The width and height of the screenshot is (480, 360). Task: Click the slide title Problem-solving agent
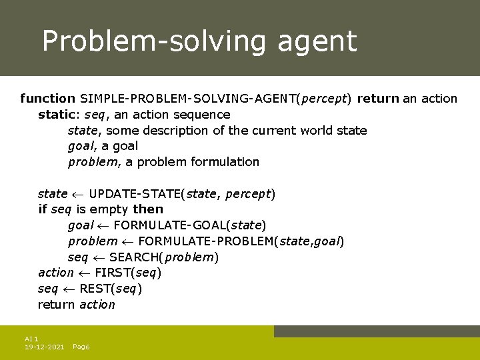point(199,41)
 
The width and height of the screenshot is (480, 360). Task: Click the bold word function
point(47,99)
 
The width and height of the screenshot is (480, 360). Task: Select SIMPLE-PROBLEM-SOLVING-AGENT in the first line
point(188,99)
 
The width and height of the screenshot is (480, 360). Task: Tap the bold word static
point(57,115)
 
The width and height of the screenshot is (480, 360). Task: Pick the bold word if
point(43,209)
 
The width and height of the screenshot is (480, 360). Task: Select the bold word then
point(148,209)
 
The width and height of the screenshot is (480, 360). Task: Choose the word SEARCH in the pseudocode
point(136,257)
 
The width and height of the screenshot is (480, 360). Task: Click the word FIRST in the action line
point(113,273)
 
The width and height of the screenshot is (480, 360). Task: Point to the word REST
point(95,289)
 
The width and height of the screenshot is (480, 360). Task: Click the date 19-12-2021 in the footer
point(44,347)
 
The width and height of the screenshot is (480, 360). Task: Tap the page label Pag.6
point(81,347)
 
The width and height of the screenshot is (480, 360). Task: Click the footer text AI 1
point(31,339)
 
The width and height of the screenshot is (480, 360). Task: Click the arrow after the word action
point(84,273)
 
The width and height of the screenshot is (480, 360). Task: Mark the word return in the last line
point(57,305)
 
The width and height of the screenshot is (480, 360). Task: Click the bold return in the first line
point(377,99)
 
